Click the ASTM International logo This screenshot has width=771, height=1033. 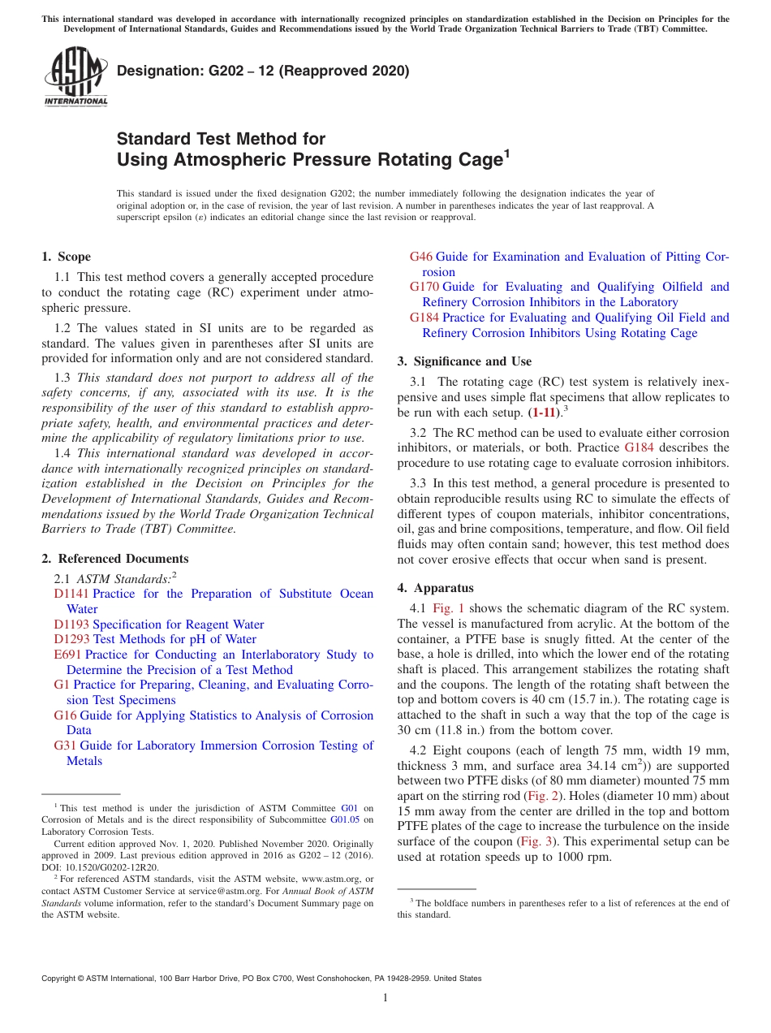[x=75, y=78]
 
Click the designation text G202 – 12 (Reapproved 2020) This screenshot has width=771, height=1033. [x=263, y=71]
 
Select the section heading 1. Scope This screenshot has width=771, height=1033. [x=66, y=257]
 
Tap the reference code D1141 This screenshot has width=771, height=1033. [x=71, y=594]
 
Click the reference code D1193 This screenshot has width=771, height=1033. [x=71, y=625]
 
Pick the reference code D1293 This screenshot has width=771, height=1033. [x=71, y=639]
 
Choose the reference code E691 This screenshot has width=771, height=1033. [x=68, y=655]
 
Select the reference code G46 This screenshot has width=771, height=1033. [x=421, y=257]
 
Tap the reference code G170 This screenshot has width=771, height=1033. [x=424, y=287]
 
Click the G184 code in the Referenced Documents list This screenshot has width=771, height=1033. [x=424, y=318]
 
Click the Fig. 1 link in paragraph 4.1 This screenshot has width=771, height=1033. [x=449, y=608]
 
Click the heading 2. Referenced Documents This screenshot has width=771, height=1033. [x=115, y=559]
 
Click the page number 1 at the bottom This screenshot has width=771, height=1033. [x=385, y=997]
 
